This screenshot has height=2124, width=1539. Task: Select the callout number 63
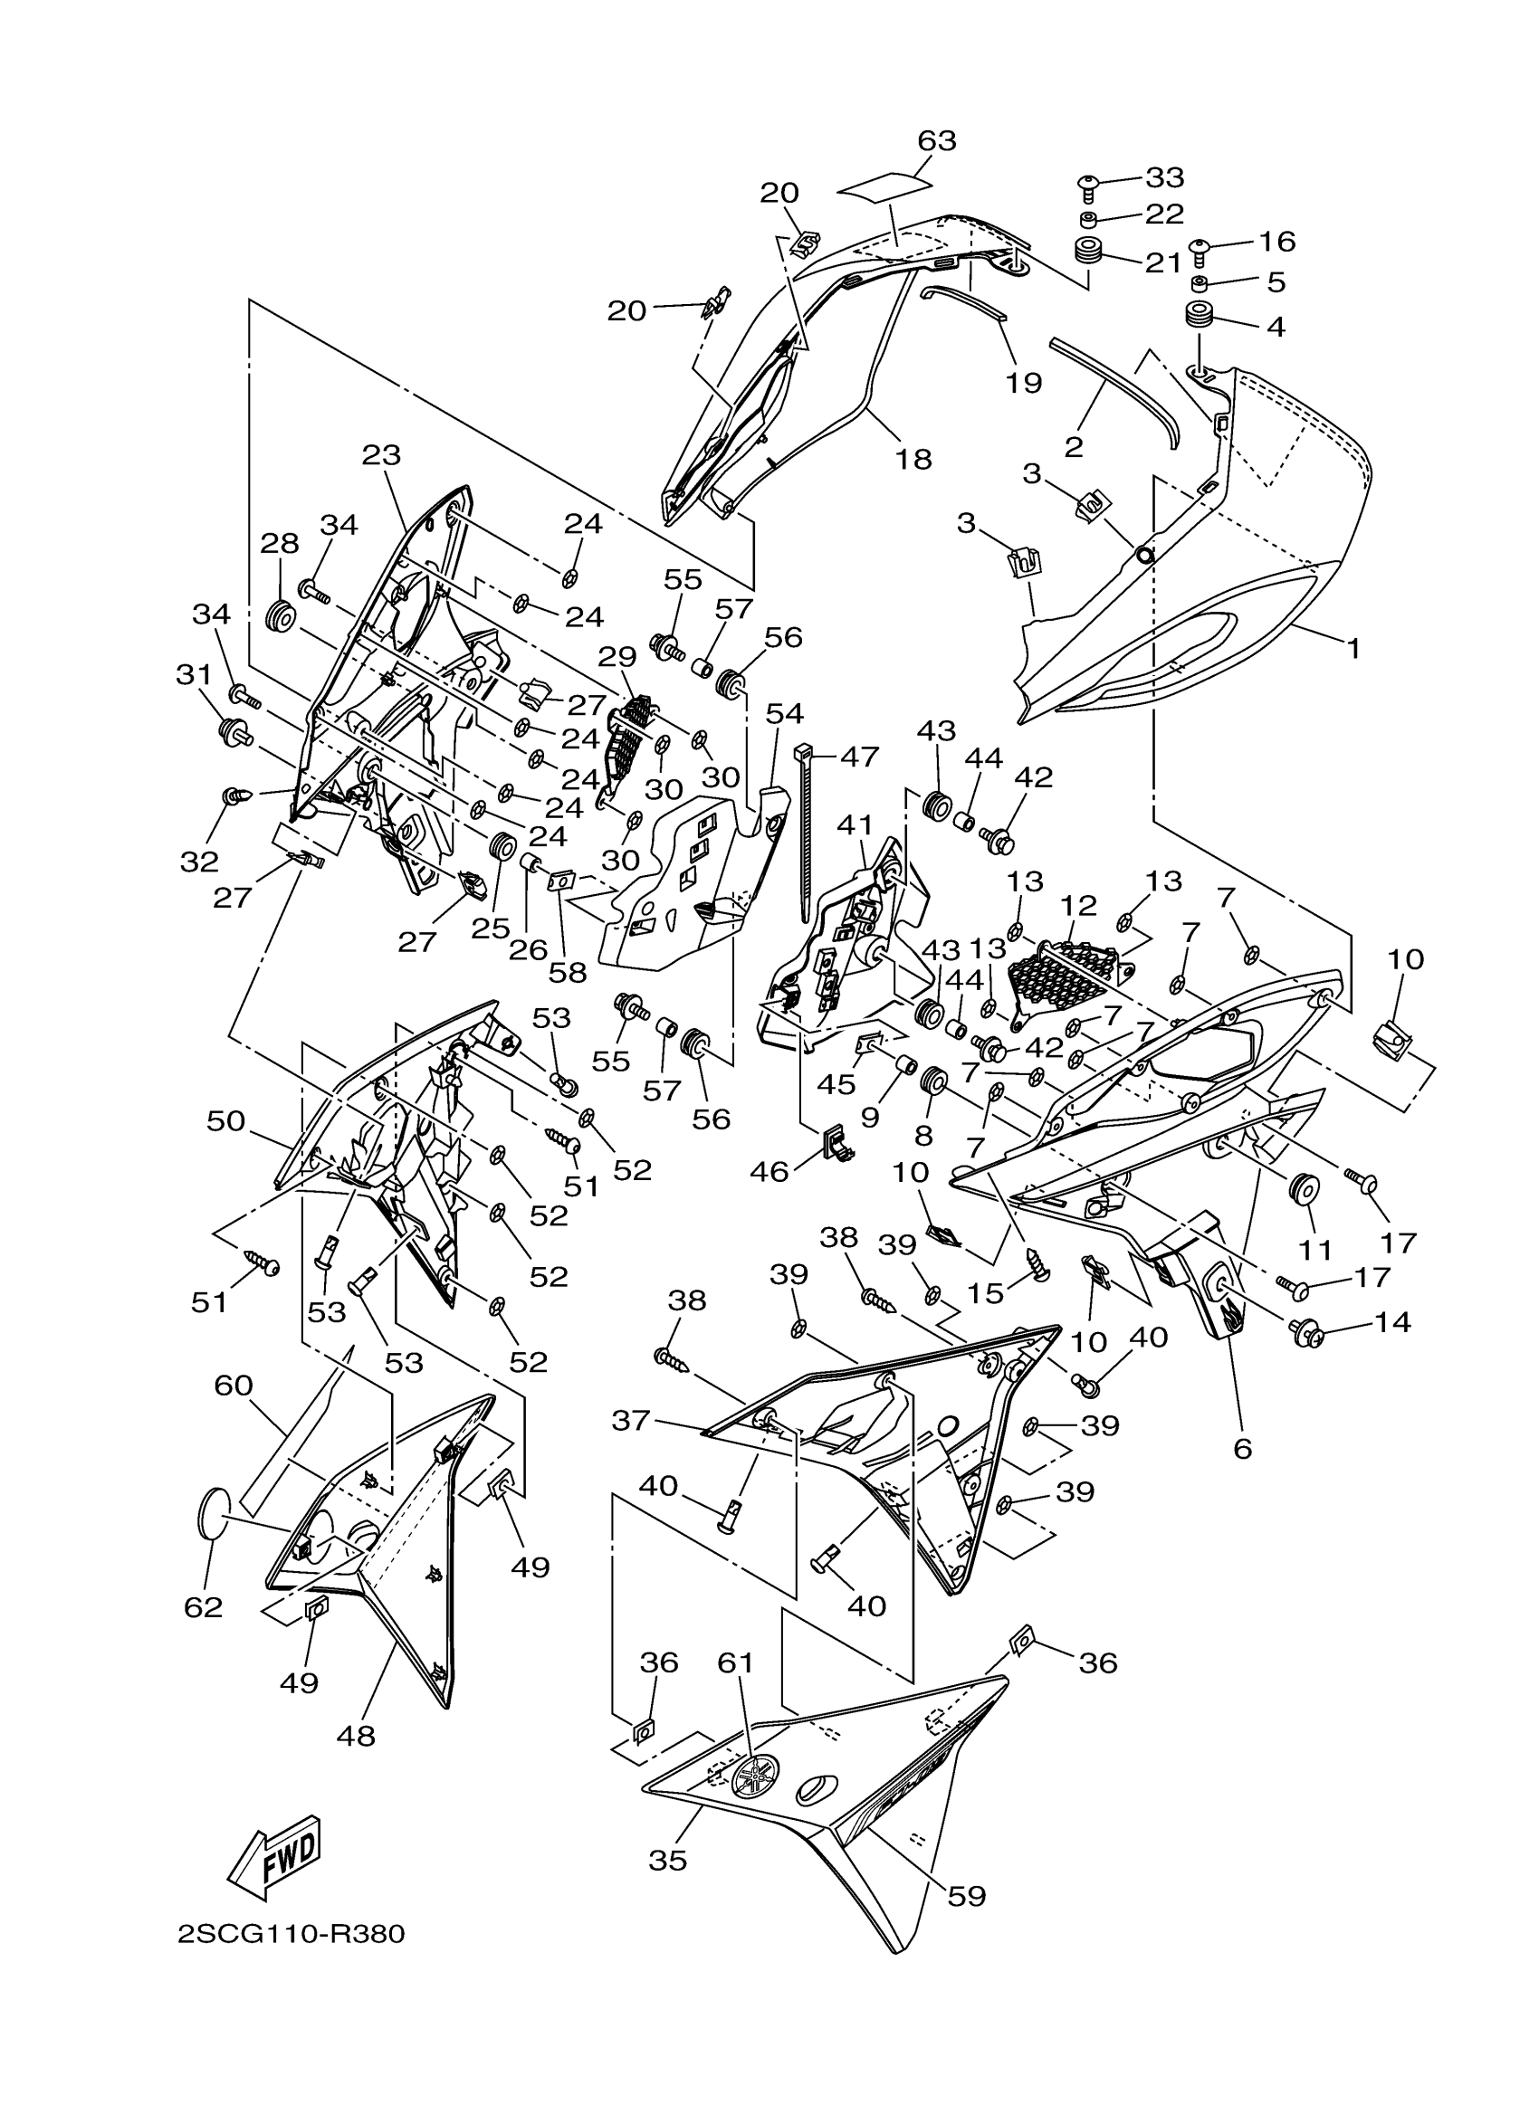point(936,140)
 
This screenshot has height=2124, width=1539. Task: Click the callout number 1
point(1353,648)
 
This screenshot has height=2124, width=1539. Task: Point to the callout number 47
point(859,756)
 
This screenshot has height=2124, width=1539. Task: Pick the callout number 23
point(381,456)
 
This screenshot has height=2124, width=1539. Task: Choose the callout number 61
point(735,1662)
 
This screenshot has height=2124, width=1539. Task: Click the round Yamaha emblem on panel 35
point(756,1776)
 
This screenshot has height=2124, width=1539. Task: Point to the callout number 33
point(1164,177)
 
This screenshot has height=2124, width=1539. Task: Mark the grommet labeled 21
point(1085,251)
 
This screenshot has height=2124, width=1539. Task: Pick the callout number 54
point(784,715)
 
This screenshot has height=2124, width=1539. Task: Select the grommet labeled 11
point(1303,1191)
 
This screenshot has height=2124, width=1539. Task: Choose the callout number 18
point(913,459)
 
